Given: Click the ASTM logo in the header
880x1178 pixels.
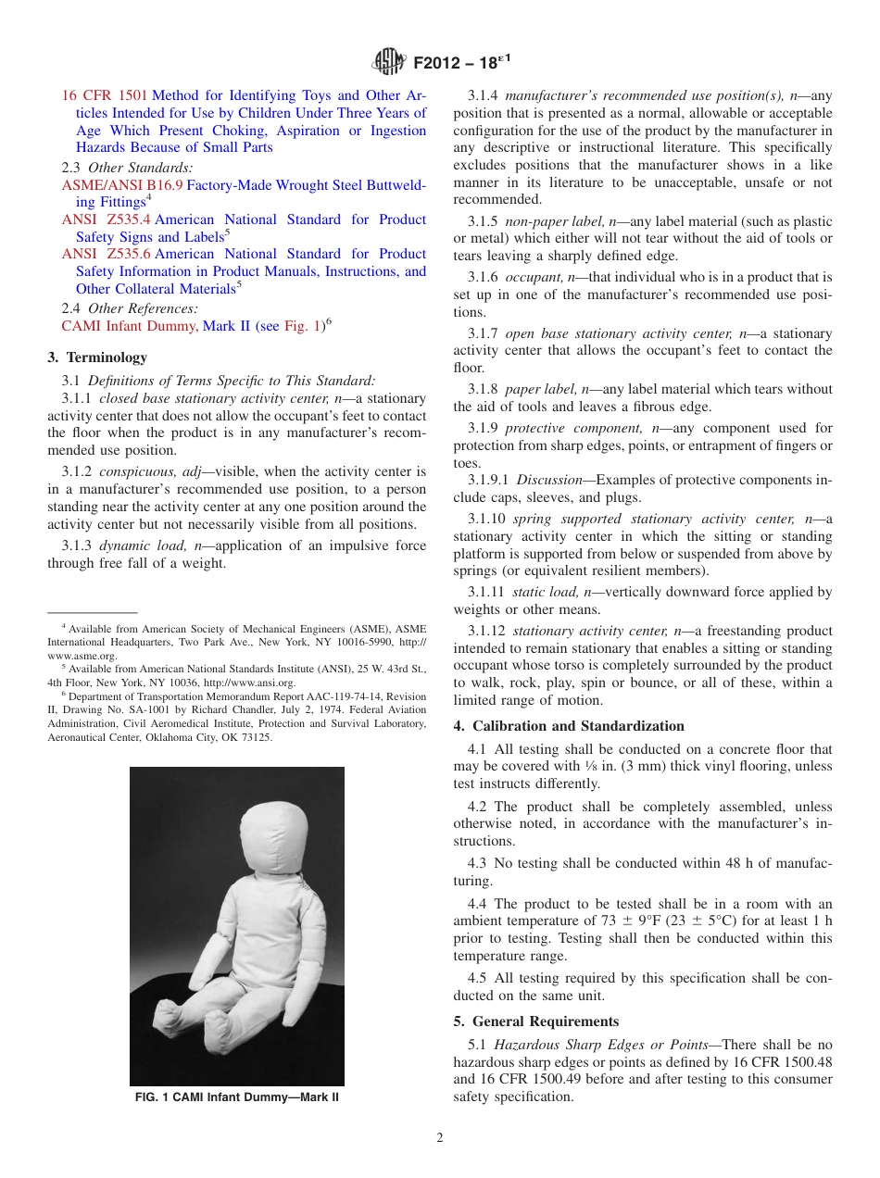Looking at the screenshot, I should [389, 63].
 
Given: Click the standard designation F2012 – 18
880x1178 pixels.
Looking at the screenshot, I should [461, 63].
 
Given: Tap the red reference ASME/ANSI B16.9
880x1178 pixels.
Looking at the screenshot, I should [122, 185].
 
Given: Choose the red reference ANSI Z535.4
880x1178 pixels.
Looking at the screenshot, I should [106, 219].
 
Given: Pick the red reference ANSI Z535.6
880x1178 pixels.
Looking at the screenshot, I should [106, 254].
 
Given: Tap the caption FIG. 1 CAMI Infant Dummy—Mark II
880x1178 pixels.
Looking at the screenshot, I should [237, 1097].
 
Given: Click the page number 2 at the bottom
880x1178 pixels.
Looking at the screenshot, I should [440, 1138].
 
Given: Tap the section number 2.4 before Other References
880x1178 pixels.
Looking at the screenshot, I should [71, 308].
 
